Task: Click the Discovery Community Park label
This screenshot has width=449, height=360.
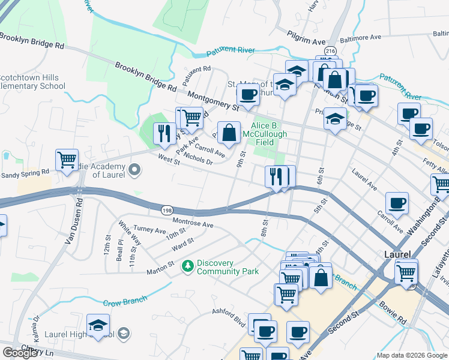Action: point(228,267)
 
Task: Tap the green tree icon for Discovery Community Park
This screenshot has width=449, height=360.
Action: point(188,265)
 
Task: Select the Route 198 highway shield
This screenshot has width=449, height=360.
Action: point(167,209)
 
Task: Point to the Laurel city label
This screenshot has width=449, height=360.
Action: point(397,254)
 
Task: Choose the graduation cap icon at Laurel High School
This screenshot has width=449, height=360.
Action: point(98,325)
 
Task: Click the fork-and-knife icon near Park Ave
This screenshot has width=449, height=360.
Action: point(164,133)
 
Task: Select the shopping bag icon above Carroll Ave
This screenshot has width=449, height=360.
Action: point(229,133)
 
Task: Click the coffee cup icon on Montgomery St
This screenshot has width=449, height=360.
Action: point(247,94)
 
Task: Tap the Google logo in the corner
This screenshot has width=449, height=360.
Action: point(19,353)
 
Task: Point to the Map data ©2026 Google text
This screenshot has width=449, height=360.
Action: point(412,355)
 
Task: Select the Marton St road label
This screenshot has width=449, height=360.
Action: point(162,263)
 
